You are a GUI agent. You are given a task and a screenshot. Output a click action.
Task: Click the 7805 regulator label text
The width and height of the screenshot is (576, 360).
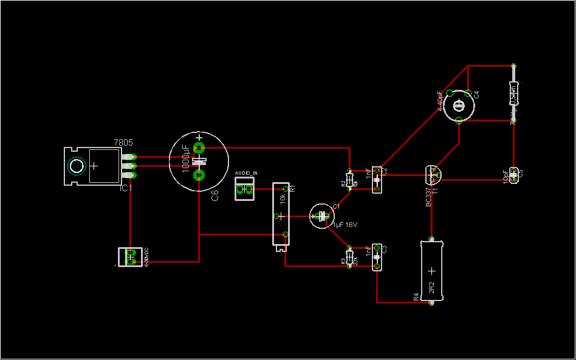[x=123, y=143]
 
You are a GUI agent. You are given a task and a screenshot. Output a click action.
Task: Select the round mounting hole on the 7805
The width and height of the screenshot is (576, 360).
[x=76, y=165]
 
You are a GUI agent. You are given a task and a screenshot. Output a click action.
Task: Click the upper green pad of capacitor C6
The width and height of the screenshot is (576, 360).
[x=198, y=148]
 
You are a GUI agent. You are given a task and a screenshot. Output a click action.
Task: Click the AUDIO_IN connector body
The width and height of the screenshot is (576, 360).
[x=245, y=190]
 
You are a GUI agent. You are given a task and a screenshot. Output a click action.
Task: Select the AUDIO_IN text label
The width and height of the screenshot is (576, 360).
[x=245, y=174]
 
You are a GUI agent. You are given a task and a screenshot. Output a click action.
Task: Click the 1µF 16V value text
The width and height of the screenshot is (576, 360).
[x=345, y=225]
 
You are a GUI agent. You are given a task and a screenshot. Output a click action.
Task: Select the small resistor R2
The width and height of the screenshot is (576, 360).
[x=349, y=180]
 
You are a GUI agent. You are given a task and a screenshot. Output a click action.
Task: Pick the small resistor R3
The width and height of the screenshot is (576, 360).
[x=349, y=258]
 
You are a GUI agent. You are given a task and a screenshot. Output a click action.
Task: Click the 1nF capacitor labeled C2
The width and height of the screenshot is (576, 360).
[x=377, y=180]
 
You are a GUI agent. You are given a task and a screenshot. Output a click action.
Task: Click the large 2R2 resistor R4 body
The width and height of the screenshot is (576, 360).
[x=431, y=271]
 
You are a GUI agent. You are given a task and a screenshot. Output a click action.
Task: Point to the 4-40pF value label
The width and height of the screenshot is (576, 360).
[x=440, y=101]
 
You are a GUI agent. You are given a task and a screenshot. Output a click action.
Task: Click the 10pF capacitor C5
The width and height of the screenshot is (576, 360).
[x=514, y=175]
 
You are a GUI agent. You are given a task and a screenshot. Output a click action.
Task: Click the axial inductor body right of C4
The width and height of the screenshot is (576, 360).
[x=513, y=94]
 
